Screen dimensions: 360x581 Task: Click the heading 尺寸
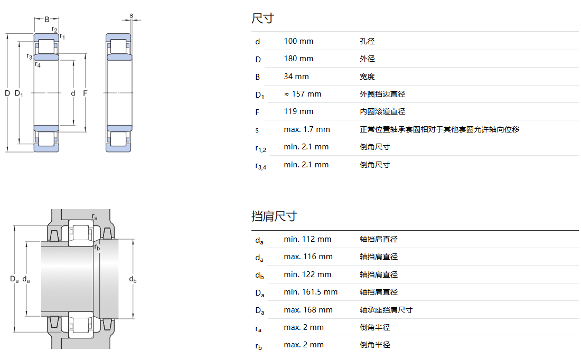263,19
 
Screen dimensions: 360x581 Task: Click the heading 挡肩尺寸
274,216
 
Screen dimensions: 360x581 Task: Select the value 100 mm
298,41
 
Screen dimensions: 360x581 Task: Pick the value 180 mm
298,59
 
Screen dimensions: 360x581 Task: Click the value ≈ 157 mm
302,94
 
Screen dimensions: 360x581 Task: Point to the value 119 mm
298,111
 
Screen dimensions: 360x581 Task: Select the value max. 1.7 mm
306,129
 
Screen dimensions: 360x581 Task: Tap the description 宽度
367,77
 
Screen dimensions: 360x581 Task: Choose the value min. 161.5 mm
311,292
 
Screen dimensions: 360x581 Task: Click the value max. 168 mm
308,310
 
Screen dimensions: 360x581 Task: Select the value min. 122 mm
307,274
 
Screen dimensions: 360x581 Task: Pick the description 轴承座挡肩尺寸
386,310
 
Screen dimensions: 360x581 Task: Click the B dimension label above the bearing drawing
46,20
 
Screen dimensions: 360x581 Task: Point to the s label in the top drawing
131,15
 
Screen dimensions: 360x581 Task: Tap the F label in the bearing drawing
85,93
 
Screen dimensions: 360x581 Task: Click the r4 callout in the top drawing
38,65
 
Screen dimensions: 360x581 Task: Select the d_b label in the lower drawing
133,280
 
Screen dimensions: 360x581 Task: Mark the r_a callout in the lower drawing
95,217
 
